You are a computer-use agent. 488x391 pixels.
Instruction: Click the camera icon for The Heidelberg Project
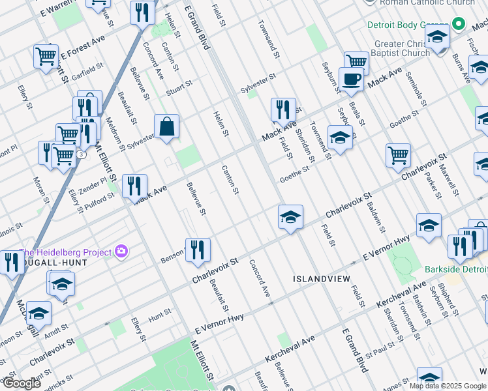tap(121, 251)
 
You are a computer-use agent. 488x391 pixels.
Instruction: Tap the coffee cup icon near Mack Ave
tap(351, 79)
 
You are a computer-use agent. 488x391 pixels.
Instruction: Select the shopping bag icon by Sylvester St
tap(167, 126)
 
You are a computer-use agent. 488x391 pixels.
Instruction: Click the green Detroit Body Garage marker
tap(459, 25)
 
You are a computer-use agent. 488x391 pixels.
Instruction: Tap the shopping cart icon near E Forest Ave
tap(46, 57)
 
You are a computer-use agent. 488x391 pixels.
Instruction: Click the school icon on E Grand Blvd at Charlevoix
tap(290, 217)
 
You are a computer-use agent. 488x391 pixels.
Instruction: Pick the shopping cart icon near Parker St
tap(398, 155)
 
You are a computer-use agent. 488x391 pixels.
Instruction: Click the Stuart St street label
tap(179, 87)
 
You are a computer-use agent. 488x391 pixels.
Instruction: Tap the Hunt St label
tap(160, 313)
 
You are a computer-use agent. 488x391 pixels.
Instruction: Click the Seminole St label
tap(415, 91)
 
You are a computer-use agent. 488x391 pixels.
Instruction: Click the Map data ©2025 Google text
tap(448, 386)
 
